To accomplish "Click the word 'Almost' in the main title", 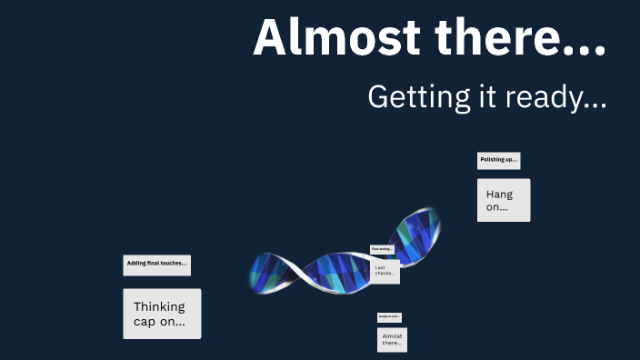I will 325,38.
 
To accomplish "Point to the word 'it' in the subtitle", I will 478,96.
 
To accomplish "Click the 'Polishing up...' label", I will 498,160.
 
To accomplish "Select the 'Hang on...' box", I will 503,200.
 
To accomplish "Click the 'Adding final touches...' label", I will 156,265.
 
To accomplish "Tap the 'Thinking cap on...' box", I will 162,314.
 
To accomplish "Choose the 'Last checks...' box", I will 385,271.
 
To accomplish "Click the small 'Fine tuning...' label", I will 382,249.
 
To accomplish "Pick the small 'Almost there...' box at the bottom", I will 392,340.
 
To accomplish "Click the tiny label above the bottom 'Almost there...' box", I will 389,317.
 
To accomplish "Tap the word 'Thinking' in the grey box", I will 159,306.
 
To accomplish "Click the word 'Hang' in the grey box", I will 499,194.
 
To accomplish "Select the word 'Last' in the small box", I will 380,267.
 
